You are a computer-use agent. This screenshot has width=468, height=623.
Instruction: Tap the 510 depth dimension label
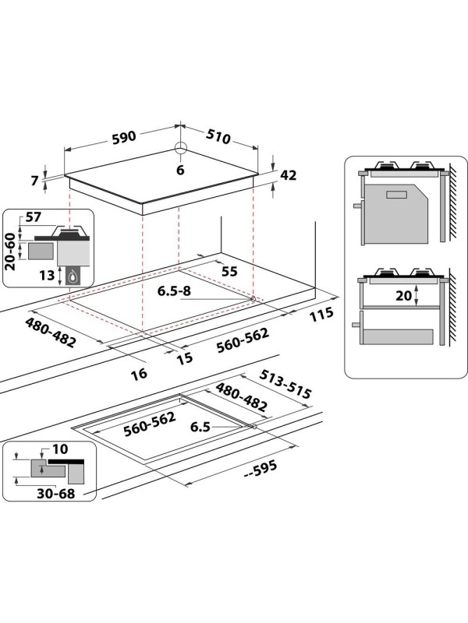[x=218, y=137]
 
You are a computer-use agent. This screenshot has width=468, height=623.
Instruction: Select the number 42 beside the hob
[x=289, y=175]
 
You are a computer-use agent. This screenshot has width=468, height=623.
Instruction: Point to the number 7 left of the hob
[x=34, y=181]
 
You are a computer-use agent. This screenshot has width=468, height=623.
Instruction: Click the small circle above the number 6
[x=181, y=150]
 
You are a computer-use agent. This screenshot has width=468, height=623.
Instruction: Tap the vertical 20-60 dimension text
[x=10, y=251]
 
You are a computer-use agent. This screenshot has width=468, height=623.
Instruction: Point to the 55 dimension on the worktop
[x=229, y=271]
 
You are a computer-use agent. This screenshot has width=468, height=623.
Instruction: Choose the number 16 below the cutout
[x=138, y=374]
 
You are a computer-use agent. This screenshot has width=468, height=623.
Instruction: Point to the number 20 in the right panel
[x=402, y=296]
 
